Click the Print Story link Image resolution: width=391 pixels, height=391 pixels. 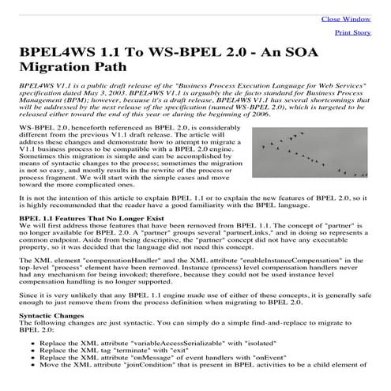[353, 33]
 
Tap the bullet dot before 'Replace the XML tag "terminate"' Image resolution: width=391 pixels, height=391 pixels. [30, 355]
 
